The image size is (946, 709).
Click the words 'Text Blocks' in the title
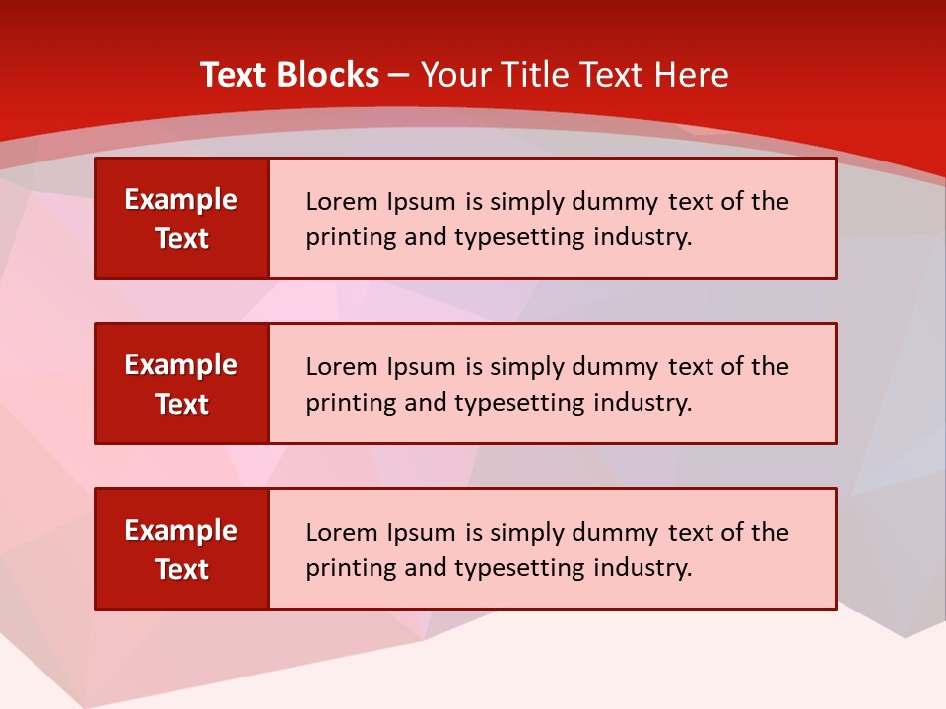pyautogui.click(x=290, y=75)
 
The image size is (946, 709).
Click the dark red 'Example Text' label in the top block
pyautogui.click(x=181, y=219)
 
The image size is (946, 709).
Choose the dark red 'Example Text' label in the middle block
pyautogui.click(x=181, y=384)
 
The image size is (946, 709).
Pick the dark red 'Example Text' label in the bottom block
pyautogui.click(x=181, y=549)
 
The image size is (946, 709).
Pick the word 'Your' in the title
pyautogui.click(x=454, y=75)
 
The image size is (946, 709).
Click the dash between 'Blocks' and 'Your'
pyautogui.click(x=399, y=76)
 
